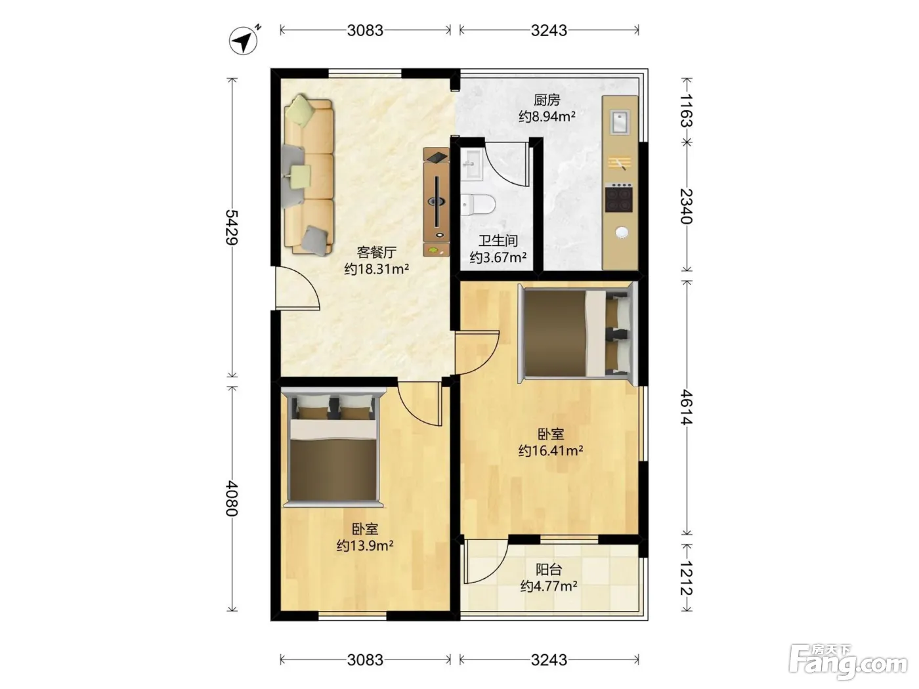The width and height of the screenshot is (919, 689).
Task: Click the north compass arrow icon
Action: click(244, 40)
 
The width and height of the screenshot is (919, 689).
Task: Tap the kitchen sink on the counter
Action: click(620, 121)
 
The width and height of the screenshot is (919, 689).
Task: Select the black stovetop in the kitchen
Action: click(619, 198)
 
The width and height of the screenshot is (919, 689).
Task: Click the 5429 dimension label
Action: click(232, 227)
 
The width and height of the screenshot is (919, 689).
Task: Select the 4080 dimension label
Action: click(232, 499)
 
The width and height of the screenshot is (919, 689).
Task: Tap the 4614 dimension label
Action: click(686, 407)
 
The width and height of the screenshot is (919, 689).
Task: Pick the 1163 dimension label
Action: click(686, 110)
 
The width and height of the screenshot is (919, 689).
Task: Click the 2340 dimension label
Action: click(686, 206)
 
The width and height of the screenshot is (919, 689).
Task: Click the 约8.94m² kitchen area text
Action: click(547, 116)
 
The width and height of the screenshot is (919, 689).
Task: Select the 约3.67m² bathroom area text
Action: click(498, 257)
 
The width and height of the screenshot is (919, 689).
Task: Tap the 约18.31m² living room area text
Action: click(376, 269)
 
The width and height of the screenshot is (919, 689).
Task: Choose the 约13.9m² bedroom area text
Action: click(365, 545)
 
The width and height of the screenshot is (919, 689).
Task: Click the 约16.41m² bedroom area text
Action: click(551, 451)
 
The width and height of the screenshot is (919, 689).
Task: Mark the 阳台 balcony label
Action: click(549, 570)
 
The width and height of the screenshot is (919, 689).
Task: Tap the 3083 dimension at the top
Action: click(365, 30)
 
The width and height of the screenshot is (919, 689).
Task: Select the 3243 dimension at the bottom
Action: click(549, 659)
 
